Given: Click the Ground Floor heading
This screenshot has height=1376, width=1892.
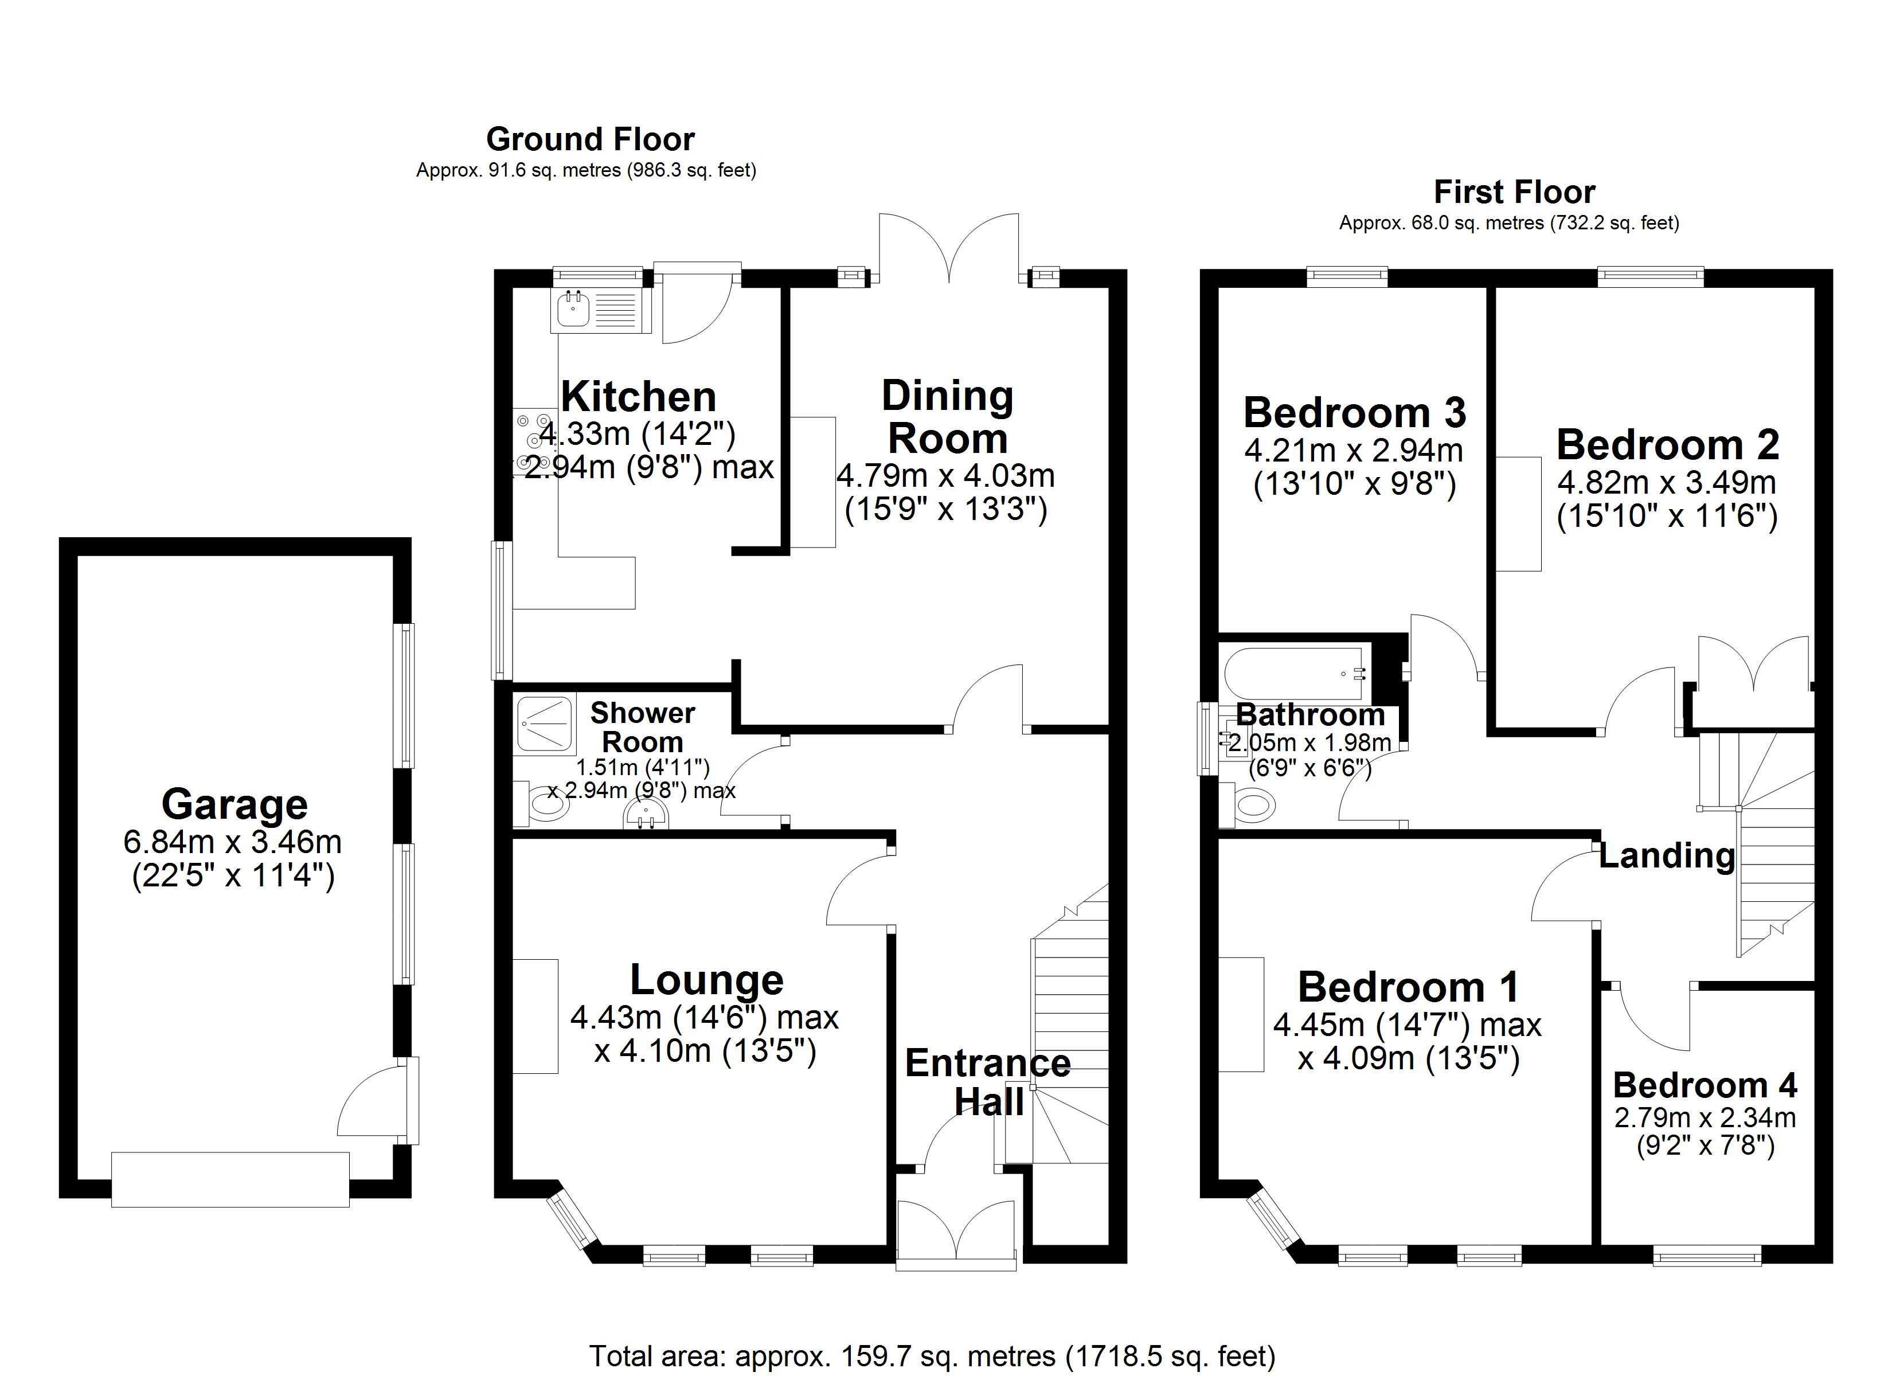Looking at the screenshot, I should point(590,139).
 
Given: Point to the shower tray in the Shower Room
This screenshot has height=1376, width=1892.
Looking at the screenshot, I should point(546,724).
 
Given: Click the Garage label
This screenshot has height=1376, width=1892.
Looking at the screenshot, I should point(234,804).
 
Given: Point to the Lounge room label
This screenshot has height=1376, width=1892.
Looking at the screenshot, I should point(706,980).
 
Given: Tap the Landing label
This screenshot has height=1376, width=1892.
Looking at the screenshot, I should point(1666,855).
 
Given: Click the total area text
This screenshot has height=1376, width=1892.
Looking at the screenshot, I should point(932,1355).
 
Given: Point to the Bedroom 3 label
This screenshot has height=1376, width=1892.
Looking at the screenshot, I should point(1354,412).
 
